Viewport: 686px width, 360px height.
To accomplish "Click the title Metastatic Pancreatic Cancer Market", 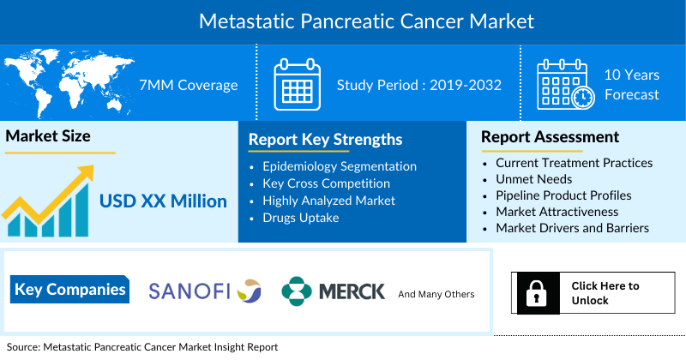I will (x=343, y=21).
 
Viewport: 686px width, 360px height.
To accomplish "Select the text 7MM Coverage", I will (x=188, y=85).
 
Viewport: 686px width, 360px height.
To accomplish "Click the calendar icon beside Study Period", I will (x=297, y=84).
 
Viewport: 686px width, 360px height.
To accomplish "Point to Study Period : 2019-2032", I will (x=418, y=85).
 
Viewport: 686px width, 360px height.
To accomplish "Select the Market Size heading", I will (x=48, y=135).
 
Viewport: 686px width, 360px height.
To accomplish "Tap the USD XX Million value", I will (x=163, y=201).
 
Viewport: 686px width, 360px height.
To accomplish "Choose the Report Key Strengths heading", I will (x=325, y=140).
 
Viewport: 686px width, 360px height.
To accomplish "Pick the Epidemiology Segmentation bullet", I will (x=340, y=166).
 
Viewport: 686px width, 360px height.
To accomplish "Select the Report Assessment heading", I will (x=550, y=136).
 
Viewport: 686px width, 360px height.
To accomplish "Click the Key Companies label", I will (x=70, y=290).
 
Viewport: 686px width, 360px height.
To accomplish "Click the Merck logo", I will (x=334, y=291).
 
